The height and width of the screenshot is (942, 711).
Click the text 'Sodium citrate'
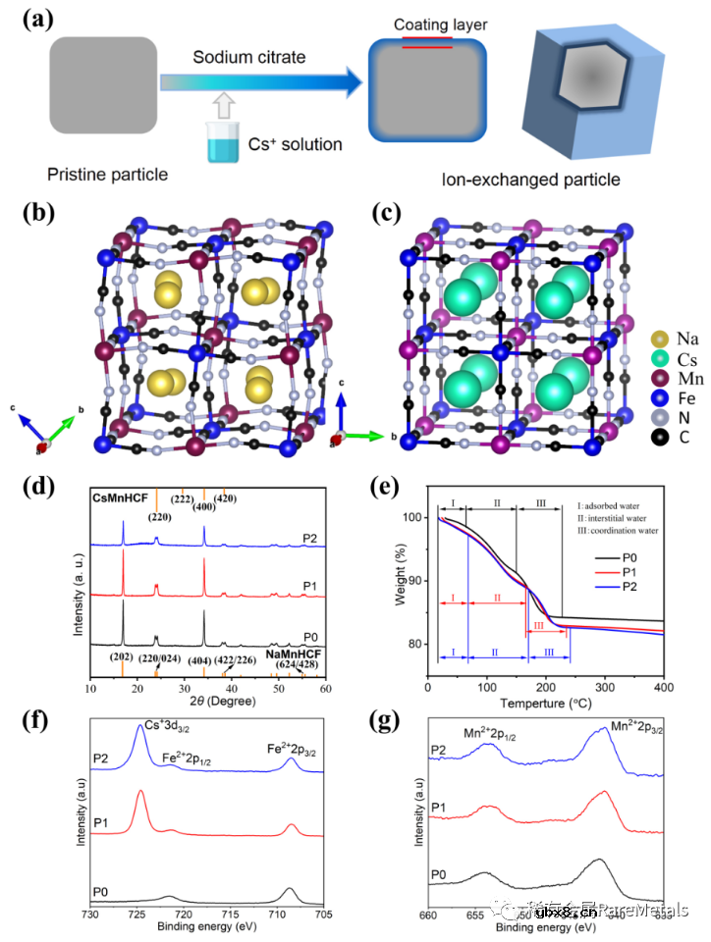249,58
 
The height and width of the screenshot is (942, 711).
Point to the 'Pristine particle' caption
107,175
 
